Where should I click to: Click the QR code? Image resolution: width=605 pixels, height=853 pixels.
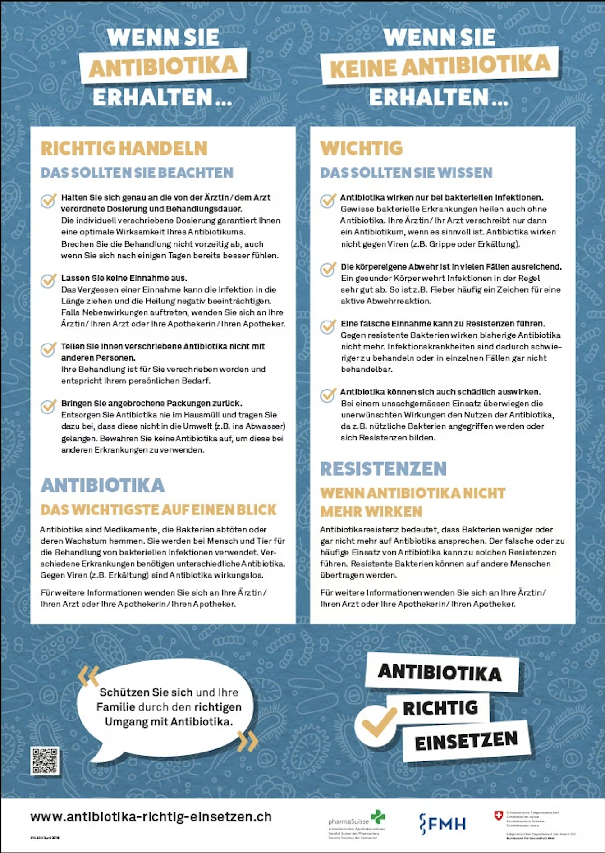pos(45,761)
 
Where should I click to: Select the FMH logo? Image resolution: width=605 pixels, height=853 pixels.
pos(442,823)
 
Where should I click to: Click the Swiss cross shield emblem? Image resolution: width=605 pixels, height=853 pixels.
pos(498,816)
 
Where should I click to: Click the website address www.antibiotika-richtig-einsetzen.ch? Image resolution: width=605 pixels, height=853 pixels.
pos(151,817)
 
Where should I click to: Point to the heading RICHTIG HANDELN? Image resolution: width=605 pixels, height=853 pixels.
pos(124,148)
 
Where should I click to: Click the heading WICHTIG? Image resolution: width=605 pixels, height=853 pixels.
pos(361,148)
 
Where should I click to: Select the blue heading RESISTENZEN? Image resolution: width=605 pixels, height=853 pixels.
pos(383,469)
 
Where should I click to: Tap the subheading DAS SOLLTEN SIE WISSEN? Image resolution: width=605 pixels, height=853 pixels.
pos(406,173)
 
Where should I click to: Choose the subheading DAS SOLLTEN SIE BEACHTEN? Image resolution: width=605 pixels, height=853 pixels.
pos(137,173)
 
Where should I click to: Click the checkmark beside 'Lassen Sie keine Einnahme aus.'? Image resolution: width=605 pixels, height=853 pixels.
pos(48,280)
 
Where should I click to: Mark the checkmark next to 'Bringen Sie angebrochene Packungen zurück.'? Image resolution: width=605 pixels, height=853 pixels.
pos(48,406)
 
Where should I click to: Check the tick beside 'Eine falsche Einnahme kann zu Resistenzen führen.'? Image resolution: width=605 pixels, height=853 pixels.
pos(328,326)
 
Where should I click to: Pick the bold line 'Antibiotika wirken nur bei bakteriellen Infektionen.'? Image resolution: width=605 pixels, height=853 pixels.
pos(441,197)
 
